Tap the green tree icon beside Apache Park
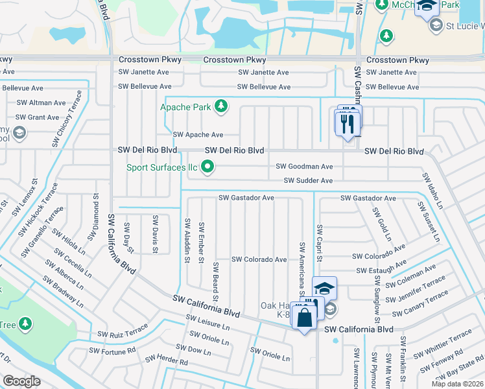(221, 106)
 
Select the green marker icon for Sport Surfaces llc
(208, 168)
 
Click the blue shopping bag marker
(304, 318)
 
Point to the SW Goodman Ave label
(304, 167)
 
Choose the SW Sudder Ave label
(308, 181)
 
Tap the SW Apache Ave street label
(198, 135)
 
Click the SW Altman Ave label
(41, 102)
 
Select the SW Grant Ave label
(38, 117)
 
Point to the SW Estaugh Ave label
(381, 267)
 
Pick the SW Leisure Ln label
(207, 322)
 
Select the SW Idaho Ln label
(433, 191)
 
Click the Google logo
(21, 381)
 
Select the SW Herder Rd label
(166, 360)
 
